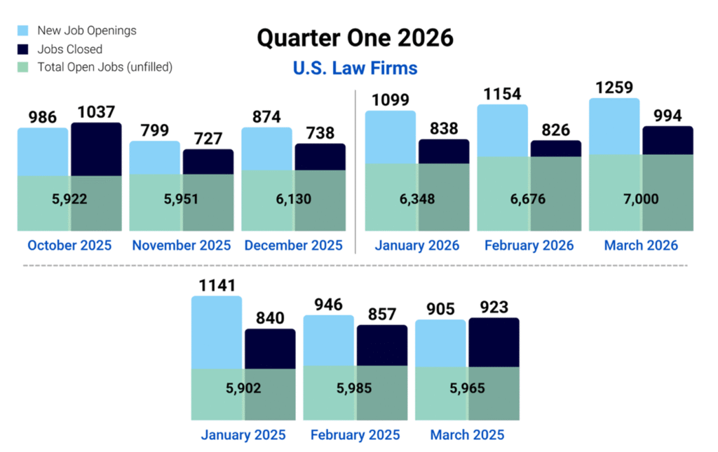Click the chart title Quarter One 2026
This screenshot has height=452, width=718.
(x=355, y=38)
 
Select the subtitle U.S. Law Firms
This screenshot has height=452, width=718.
(x=355, y=68)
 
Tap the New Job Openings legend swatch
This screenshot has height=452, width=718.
(x=24, y=31)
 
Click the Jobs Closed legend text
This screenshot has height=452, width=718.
(x=69, y=49)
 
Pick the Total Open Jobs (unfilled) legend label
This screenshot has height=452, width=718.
(x=104, y=67)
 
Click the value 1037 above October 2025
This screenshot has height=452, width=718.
(x=96, y=111)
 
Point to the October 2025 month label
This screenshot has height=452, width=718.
(x=69, y=245)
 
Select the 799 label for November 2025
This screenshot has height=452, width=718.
(x=154, y=130)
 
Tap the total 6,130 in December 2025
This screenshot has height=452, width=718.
(x=293, y=199)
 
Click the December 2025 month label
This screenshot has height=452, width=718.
(x=293, y=245)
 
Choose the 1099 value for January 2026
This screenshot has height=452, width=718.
(x=390, y=100)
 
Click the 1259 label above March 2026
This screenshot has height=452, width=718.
(x=614, y=88)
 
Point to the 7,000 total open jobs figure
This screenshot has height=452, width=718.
(x=641, y=199)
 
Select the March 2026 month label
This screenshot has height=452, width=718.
(x=641, y=245)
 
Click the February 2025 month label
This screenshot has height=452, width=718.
(x=355, y=435)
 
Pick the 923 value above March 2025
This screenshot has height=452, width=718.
(x=494, y=308)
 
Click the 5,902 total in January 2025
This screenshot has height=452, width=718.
(x=243, y=388)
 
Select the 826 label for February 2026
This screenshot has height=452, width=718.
(x=555, y=130)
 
